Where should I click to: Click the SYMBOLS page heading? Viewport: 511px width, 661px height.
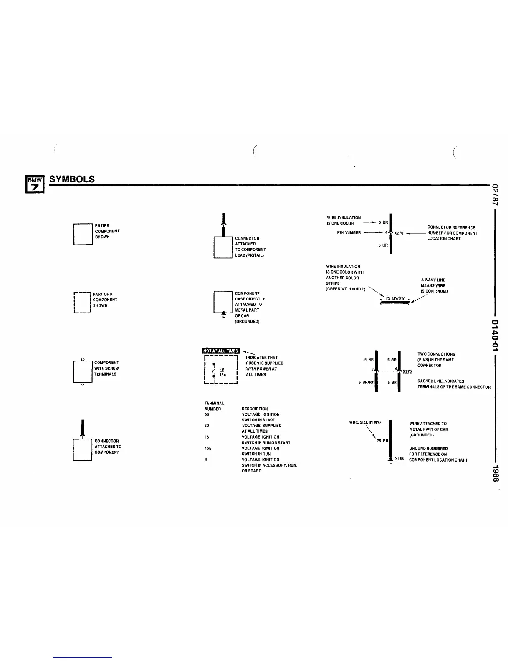72,179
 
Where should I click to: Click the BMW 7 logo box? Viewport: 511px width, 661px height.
33,184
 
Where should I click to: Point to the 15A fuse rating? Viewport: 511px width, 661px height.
223,375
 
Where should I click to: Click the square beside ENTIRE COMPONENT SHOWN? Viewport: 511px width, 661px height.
83,234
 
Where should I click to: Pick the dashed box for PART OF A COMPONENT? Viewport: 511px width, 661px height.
82,303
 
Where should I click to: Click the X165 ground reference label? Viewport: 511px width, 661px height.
399,459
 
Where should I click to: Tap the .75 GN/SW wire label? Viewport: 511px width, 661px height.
395,298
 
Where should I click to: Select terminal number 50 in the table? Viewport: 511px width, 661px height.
207,414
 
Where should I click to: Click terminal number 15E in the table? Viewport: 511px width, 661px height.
208,448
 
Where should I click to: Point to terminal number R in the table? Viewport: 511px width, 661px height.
206,459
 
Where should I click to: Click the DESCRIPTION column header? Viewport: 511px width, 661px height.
255,409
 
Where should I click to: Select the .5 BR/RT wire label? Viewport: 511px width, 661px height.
365,382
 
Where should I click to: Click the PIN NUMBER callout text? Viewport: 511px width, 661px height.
349,232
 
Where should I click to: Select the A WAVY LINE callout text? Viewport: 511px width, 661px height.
433,280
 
